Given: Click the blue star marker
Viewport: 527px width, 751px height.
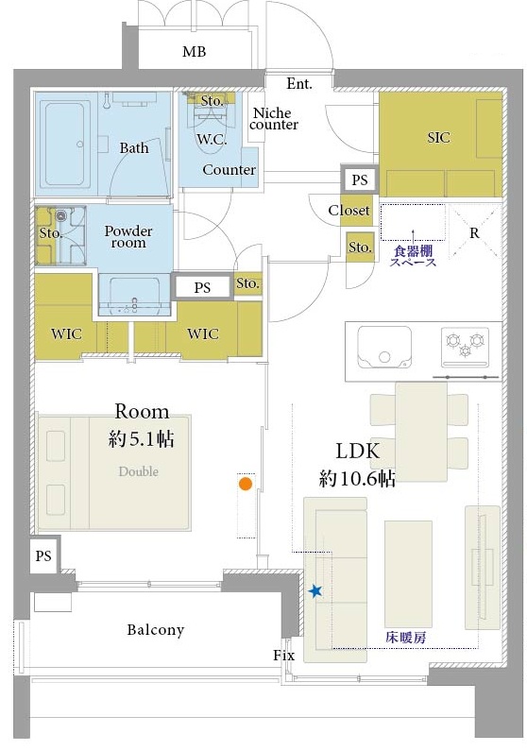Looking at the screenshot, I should coord(314,591).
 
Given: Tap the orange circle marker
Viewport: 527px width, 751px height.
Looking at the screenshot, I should coord(245,485).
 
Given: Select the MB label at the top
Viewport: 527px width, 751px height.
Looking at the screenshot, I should coord(195,53).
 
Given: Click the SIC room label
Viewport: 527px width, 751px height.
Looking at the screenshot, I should coord(438,138).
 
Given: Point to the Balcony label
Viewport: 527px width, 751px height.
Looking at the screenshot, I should coord(156,630).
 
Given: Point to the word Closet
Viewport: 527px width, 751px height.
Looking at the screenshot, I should coord(348,211).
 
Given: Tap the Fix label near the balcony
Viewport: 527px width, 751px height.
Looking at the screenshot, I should coord(283,655).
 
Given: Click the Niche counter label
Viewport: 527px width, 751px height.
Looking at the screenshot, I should coord(274,119).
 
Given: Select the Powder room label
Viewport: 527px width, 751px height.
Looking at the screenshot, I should coord(128,236).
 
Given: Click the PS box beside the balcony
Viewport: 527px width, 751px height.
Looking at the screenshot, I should coord(43,556).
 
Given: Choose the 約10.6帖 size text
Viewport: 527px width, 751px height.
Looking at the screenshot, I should coord(357,479).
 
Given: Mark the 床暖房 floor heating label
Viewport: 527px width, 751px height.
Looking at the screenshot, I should coord(405,638).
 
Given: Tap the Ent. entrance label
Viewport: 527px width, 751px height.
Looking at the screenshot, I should coord(299,84).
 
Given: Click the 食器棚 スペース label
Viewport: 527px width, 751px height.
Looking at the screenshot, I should coord(414,257).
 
